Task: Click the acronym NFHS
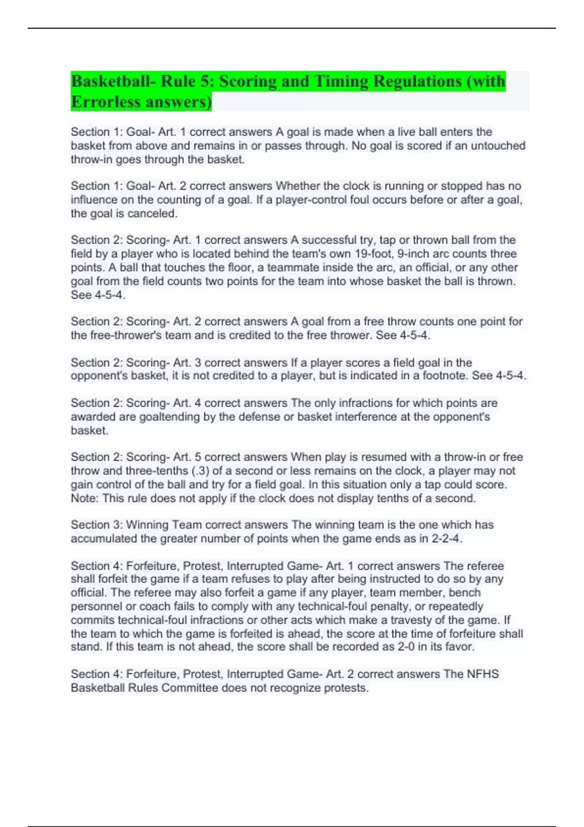click(483, 674)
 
